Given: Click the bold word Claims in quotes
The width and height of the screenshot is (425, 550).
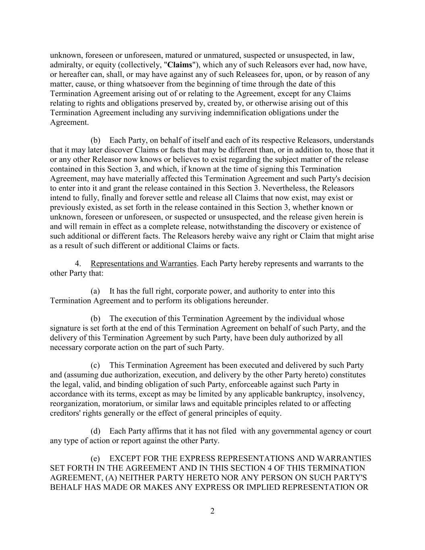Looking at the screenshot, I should [x=180, y=65].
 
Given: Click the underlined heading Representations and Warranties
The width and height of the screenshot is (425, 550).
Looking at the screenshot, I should [x=143, y=264].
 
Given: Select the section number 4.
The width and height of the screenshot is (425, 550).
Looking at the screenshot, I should [x=78, y=264].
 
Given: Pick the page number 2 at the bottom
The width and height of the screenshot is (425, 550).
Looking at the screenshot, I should [x=212, y=512].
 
